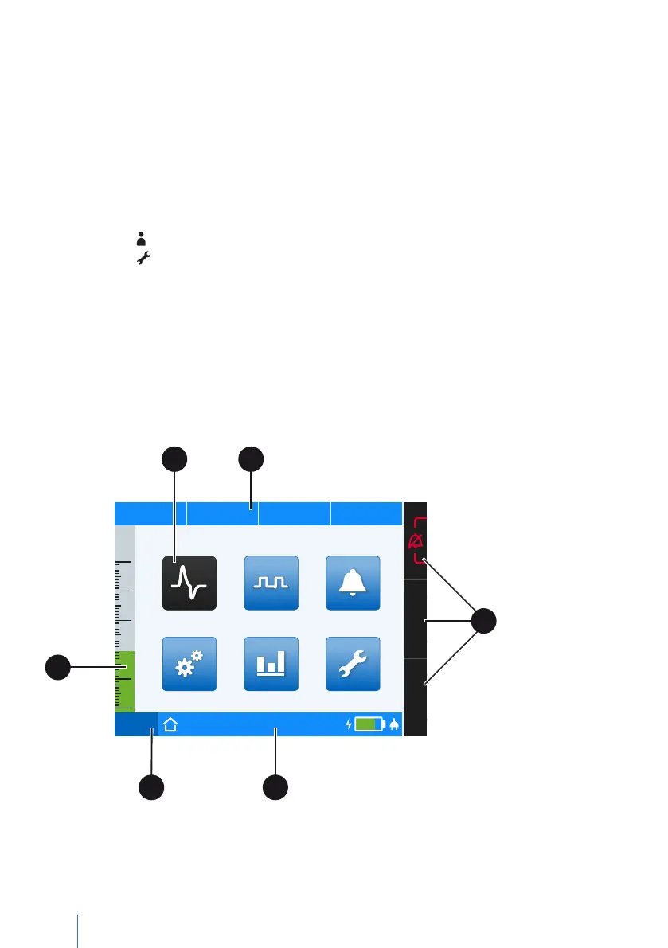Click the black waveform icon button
[x=189, y=583]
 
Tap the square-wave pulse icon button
[x=271, y=583]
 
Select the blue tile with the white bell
[x=354, y=583]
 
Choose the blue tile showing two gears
[x=189, y=664]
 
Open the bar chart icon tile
[x=271, y=664]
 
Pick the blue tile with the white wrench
[x=354, y=664]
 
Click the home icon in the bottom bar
[x=170, y=724]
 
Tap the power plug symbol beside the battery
[x=393, y=724]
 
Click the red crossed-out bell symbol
[x=416, y=542]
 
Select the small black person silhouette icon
[x=142, y=238]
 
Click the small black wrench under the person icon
[x=144, y=258]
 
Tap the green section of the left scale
[x=124, y=681]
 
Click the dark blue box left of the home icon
[x=136, y=724]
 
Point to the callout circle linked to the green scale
[x=57, y=667]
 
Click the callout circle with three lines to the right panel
[x=482, y=621]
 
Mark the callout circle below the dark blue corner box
[x=151, y=787]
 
